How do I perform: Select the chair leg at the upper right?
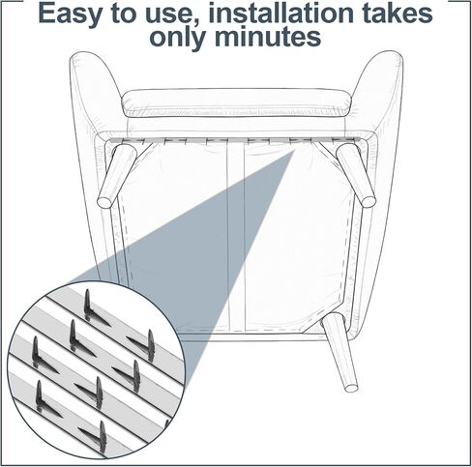(359, 174)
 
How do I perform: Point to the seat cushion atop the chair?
(235, 102)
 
